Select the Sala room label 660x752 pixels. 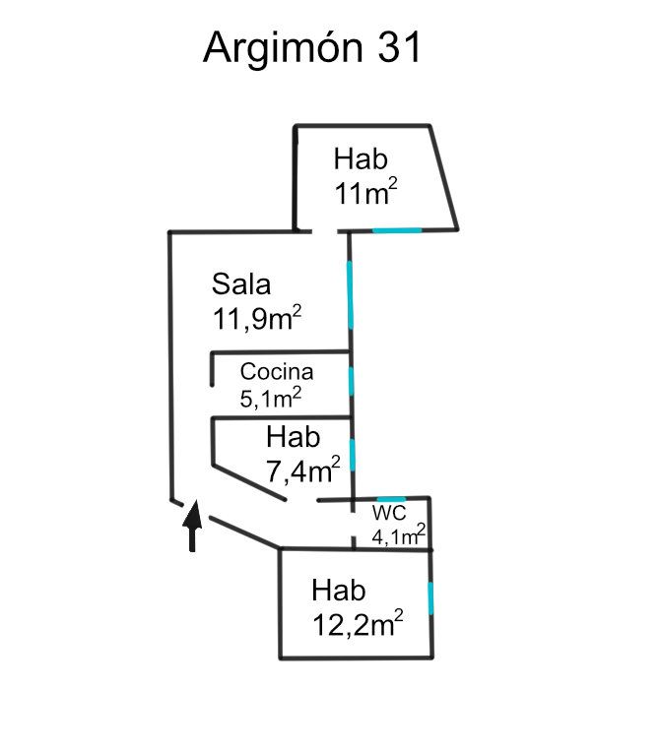pyautogui.click(x=241, y=284)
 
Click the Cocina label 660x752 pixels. pyautogui.click(x=277, y=372)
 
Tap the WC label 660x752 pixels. pyautogui.click(x=389, y=515)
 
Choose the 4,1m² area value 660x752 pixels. pyautogui.click(x=398, y=535)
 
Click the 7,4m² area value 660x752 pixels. pyautogui.click(x=303, y=470)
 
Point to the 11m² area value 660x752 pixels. pyautogui.click(x=364, y=192)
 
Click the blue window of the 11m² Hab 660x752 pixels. pyautogui.click(x=397, y=230)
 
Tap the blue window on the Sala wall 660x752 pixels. pyautogui.click(x=350, y=294)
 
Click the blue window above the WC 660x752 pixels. pyautogui.click(x=391, y=500)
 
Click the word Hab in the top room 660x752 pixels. pyautogui.click(x=361, y=158)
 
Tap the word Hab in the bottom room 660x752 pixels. pyautogui.click(x=339, y=591)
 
